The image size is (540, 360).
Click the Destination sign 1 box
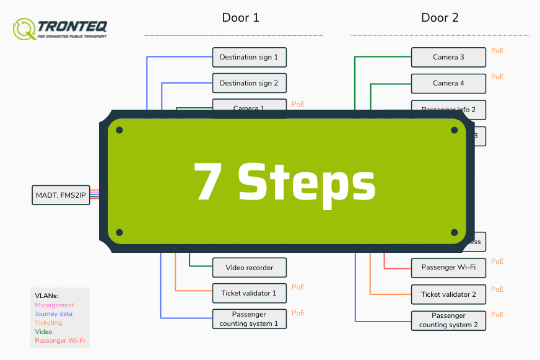pos(249,57)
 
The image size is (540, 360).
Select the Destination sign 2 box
pos(249,83)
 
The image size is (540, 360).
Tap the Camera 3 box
pos(448,57)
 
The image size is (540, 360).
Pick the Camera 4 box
pos(448,83)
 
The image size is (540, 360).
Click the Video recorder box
pos(249,268)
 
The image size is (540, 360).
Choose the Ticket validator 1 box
pos(249,293)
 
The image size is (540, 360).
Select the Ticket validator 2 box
pos(448,294)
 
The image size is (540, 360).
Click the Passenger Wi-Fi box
pos(448,268)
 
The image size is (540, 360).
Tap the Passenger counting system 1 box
pos(249,318)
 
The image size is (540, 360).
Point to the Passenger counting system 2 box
pos(448,320)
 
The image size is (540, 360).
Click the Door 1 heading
pos(240,17)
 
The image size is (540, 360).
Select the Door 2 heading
pos(440,17)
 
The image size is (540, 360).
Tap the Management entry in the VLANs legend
pos(54,305)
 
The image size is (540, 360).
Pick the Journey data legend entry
pos(54,314)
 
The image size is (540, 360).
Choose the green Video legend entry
pos(43,331)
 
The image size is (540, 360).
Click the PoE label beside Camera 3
pos(497,51)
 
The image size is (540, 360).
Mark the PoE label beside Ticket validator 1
pos(298,287)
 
